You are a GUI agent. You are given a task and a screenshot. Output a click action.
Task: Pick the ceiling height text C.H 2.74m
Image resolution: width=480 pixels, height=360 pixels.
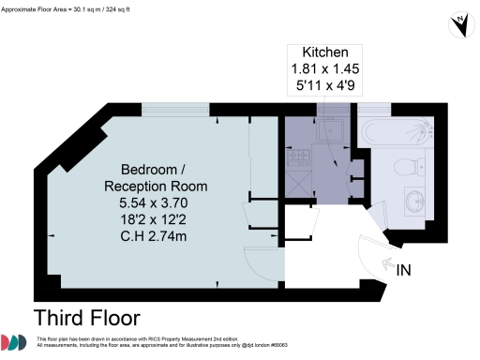pyautogui.click(x=155, y=237)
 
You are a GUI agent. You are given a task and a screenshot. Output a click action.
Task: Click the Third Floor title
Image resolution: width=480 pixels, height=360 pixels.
pyautogui.click(x=86, y=317)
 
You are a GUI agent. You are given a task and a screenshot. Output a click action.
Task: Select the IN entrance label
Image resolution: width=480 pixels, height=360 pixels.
pyautogui.click(x=405, y=271)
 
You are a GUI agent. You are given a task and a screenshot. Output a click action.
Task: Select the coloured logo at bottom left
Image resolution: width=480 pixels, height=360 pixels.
pyautogui.click(x=14, y=343)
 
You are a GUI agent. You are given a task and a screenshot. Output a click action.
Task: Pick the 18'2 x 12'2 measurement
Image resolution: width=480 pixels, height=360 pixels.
pyautogui.click(x=155, y=220)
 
